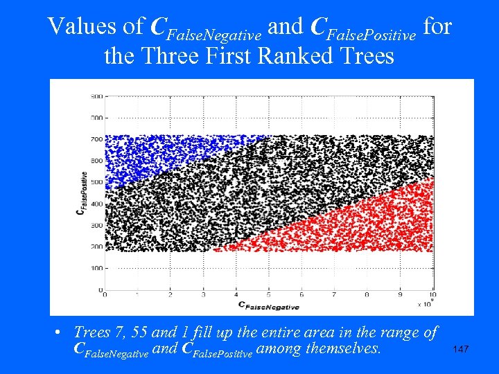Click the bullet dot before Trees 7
pos(61,333)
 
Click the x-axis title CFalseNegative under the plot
pos(268,305)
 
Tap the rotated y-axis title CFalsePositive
pos(84,193)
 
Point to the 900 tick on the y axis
pos(96,96)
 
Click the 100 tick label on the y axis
pos(96,268)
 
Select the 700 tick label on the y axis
pos(96,139)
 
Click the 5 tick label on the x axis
pos(269,295)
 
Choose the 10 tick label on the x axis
pos(432,295)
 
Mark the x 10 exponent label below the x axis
pos(426,303)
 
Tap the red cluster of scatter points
pos(360,222)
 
